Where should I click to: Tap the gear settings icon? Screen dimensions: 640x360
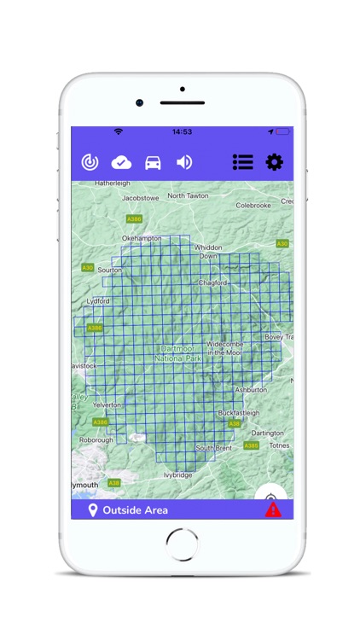pyautogui.click(x=274, y=162)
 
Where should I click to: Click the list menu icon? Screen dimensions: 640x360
pyautogui.click(x=243, y=162)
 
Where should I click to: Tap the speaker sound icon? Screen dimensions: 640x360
pyautogui.click(x=184, y=162)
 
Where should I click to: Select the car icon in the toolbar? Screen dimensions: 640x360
pyautogui.click(x=153, y=162)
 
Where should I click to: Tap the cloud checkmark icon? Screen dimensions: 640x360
pyautogui.click(x=121, y=162)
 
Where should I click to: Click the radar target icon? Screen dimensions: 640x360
pyautogui.click(x=90, y=162)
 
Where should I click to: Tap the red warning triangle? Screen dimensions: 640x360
pyautogui.click(x=273, y=509)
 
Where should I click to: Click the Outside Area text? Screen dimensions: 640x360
pyautogui.click(x=135, y=510)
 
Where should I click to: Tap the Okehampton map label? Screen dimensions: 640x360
pyautogui.click(x=142, y=238)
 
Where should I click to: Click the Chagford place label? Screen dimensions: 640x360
pyautogui.click(x=212, y=282)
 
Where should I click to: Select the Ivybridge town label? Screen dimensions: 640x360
pyautogui.click(x=178, y=474)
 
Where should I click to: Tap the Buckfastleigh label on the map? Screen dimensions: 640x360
pyautogui.click(x=239, y=412)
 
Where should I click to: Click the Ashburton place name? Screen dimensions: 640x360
pyautogui.click(x=251, y=389)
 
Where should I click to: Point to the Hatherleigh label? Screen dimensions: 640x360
pyautogui.click(x=112, y=183)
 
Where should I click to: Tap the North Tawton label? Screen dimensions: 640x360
pyautogui.click(x=188, y=195)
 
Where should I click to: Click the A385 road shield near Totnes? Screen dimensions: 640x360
pyautogui.click(x=251, y=445)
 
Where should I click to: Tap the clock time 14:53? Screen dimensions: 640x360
pyautogui.click(x=182, y=132)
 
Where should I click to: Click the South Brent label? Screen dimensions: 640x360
pyautogui.click(x=213, y=448)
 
